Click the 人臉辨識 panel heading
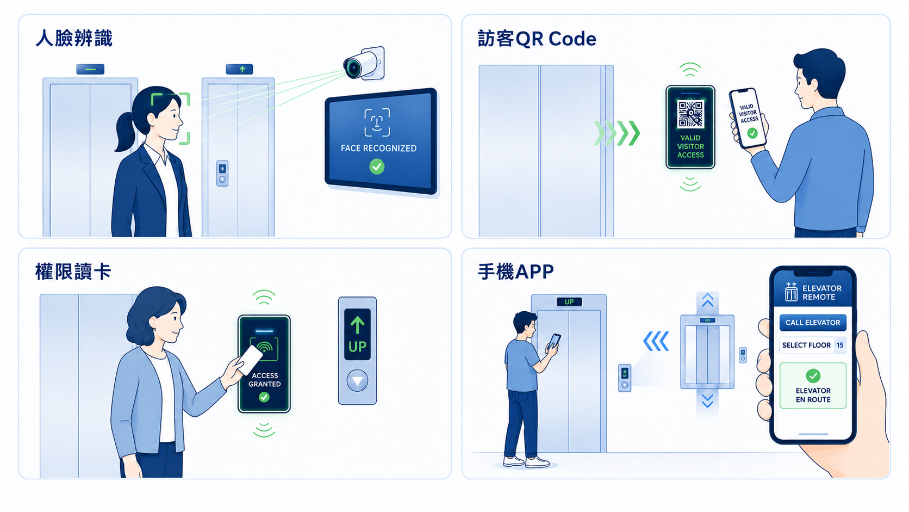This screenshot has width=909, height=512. pyautogui.click(x=74, y=39)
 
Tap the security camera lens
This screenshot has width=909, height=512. pyautogui.click(x=352, y=67)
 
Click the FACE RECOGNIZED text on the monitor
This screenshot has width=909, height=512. pyautogui.click(x=378, y=148)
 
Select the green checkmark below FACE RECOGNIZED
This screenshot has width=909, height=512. pyautogui.click(x=377, y=166)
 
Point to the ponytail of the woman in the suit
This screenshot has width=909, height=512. pyautogui.click(x=124, y=131)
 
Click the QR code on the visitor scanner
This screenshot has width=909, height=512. pyautogui.click(x=690, y=114)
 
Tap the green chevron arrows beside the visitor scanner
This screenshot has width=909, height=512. pyautogui.click(x=617, y=133)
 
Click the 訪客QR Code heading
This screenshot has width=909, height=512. pyautogui.click(x=537, y=39)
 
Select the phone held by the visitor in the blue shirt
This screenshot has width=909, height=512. pyautogui.click(x=748, y=118)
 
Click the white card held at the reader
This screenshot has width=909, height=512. pyautogui.click(x=250, y=360)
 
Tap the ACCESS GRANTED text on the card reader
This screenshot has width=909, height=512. pyautogui.click(x=265, y=380)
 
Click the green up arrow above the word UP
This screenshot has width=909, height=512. pyautogui.click(x=358, y=325)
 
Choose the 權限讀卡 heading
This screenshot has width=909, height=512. pyautogui.click(x=73, y=272)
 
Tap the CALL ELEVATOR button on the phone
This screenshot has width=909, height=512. pyautogui.click(x=813, y=323)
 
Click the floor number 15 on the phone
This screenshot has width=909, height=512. pyautogui.click(x=840, y=345)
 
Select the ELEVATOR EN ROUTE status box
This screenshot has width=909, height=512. pyautogui.click(x=813, y=385)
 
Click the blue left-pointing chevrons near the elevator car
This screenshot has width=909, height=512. pyautogui.click(x=656, y=341)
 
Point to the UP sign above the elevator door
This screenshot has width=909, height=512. pyautogui.click(x=569, y=301)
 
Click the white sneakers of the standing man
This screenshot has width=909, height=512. pyautogui.click(x=526, y=461)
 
